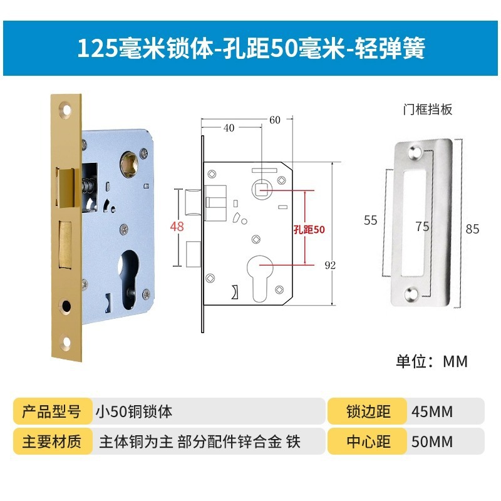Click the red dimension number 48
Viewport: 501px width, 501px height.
click(x=177, y=226)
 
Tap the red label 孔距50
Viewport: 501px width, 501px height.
click(x=309, y=229)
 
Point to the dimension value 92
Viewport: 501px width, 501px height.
click(x=330, y=265)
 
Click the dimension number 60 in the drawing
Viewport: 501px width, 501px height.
click(x=275, y=119)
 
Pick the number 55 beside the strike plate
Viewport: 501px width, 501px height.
click(x=370, y=220)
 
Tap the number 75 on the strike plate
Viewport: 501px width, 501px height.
click(x=422, y=226)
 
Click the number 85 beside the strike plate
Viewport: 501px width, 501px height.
click(x=472, y=229)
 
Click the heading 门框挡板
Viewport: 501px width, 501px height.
click(x=427, y=110)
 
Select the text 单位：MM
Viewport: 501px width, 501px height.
click(x=431, y=361)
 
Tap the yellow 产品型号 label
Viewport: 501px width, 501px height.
click(x=51, y=411)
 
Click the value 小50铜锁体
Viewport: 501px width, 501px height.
click(x=133, y=411)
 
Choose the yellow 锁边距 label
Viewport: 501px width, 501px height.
click(x=368, y=411)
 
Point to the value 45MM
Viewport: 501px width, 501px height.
click(x=432, y=411)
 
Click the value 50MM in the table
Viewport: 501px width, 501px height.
click(x=432, y=442)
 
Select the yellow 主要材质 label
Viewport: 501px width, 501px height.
click(x=51, y=442)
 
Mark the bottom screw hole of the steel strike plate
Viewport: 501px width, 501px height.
click(x=415, y=292)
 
